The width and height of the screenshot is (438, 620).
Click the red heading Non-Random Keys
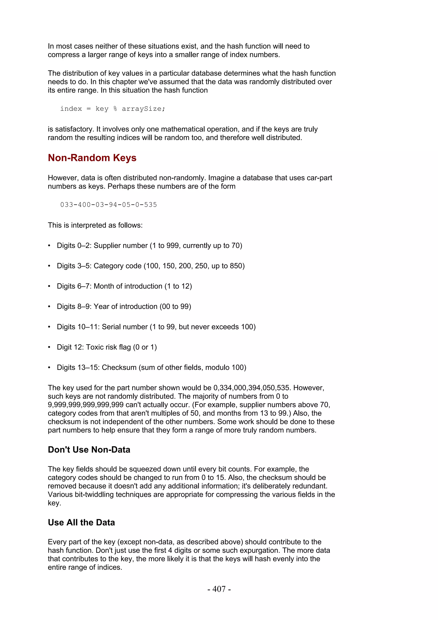92,158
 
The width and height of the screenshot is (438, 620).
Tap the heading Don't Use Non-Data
89,450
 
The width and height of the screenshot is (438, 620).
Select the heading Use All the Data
81,522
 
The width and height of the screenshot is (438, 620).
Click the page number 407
219,589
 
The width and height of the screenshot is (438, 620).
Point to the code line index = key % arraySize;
112,109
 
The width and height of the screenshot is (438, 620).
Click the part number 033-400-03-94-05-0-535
108,205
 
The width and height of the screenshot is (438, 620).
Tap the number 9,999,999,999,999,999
86,405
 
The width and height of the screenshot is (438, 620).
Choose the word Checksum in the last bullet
119,368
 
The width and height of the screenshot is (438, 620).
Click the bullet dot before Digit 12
49,347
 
